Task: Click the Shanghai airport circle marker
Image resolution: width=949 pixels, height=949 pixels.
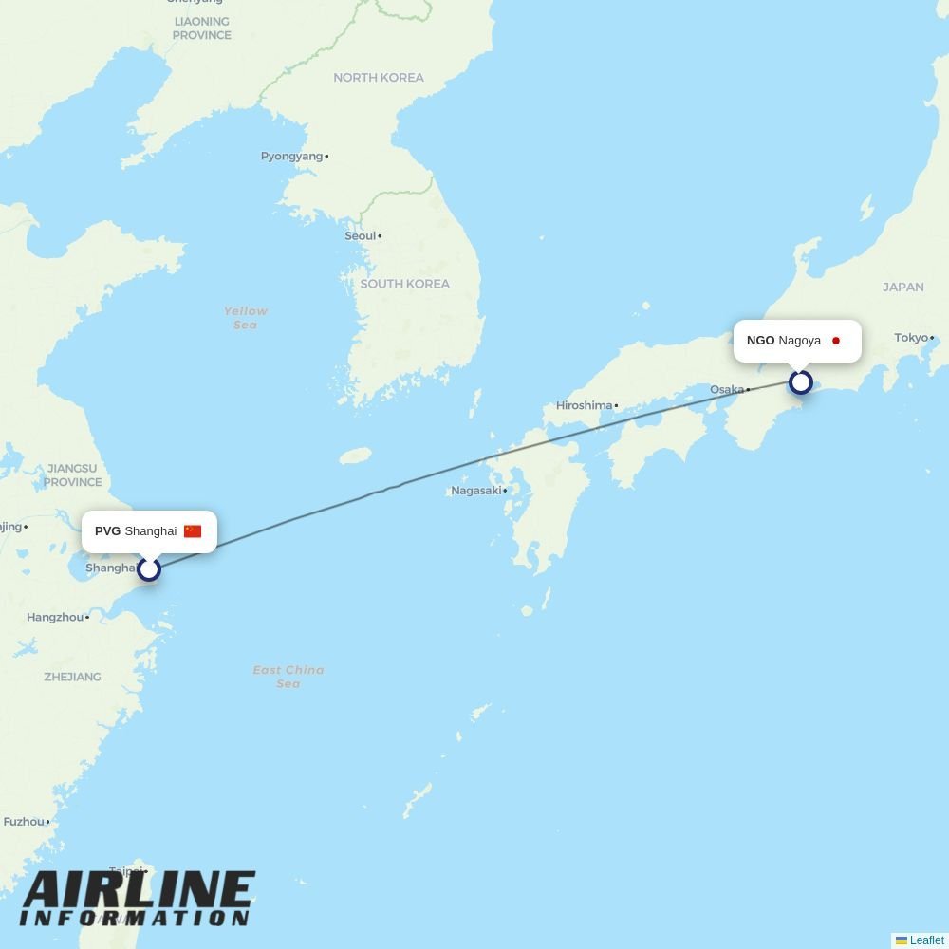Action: point(149,569)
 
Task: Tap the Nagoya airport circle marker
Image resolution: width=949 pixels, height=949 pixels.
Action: point(801,382)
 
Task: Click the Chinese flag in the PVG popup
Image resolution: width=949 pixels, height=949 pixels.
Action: point(193,531)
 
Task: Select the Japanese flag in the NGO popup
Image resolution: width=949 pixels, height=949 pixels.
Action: point(836,341)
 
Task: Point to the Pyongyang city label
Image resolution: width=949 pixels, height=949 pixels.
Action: point(292,157)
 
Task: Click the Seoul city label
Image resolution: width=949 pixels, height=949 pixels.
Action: point(361,236)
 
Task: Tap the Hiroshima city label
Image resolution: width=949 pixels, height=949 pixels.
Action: point(585,405)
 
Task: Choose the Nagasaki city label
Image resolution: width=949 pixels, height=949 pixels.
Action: point(476,491)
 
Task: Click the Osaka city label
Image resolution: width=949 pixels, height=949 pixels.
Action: point(727,390)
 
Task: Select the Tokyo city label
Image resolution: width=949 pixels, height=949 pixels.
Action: point(911,338)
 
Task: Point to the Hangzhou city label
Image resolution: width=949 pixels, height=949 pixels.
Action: point(55,618)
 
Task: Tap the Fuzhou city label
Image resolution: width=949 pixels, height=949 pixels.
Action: point(24,822)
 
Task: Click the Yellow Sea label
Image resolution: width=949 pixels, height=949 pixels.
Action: point(246,318)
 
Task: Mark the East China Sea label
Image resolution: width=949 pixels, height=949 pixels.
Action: point(288,677)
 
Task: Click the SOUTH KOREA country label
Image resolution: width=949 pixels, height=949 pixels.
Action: point(405,284)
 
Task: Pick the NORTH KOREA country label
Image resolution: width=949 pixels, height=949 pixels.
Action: point(379,78)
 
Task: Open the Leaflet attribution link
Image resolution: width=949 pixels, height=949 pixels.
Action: point(926,940)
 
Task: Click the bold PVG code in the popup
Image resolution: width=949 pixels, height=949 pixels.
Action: point(107,531)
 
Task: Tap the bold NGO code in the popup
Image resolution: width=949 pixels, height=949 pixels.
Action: point(760,341)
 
